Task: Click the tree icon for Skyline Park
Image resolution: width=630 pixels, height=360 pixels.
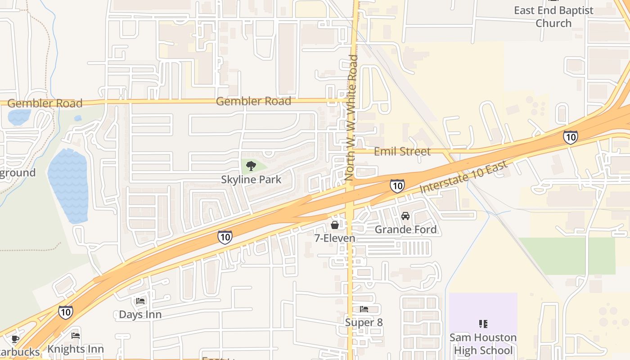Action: tap(251, 166)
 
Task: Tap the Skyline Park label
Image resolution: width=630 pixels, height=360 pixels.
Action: tap(251, 180)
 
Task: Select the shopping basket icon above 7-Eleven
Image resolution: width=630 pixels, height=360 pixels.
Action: tap(335, 225)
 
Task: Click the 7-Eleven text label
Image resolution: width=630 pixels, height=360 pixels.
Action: tap(335, 238)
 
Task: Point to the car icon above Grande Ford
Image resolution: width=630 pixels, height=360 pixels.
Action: tap(405, 216)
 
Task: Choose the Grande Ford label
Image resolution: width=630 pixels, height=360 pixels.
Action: tap(405, 229)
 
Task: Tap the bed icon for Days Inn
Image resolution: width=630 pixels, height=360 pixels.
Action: tap(140, 301)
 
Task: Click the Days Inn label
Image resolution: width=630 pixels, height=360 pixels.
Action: tap(140, 315)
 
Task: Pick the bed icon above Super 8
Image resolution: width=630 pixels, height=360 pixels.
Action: tap(364, 309)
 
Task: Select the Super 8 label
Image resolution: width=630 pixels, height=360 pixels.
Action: tap(364, 323)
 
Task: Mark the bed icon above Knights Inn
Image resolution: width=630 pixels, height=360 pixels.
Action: tap(76, 335)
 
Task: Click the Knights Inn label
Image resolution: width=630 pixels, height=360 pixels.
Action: tap(76, 349)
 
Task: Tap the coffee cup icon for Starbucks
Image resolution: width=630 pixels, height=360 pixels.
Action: tap(15, 339)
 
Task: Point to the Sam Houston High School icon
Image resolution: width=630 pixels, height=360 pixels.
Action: tap(483, 324)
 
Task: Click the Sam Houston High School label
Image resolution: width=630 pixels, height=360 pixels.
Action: tap(483, 344)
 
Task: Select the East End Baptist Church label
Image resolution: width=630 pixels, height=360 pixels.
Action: tap(553, 17)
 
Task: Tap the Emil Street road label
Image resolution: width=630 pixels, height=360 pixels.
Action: tap(402, 152)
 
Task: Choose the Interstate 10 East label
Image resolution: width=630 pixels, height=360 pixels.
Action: tap(463, 177)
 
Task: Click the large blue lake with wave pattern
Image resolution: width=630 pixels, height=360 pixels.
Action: tap(68, 186)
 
